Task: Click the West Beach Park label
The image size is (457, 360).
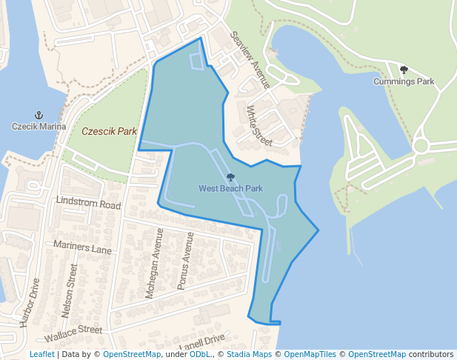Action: coord(230,189)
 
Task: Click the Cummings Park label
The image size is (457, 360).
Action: coord(404,81)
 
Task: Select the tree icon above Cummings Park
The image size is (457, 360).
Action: coord(404,70)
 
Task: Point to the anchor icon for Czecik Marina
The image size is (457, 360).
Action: coord(39,116)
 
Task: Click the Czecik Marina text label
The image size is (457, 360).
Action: coord(39,127)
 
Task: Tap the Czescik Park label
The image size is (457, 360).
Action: coord(110,132)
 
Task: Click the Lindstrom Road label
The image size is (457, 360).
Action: coord(88,203)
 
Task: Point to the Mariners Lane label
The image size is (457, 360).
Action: coord(81,247)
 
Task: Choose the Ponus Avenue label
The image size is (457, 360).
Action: coord(184,260)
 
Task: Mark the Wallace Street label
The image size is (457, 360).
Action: coord(73,329)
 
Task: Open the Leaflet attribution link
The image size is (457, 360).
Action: coord(41,354)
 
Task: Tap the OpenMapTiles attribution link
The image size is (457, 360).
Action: coord(310,354)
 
